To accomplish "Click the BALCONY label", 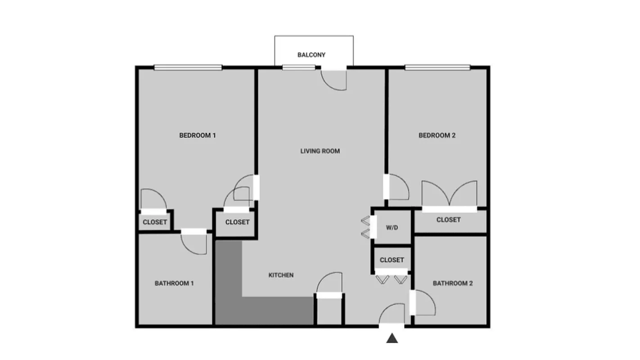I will (311, 55).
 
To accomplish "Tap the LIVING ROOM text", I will (320, 151).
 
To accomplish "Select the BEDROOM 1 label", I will (198, 135).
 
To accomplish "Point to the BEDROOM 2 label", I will (437, 135).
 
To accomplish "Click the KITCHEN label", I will (281, 275).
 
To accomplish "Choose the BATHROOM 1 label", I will (174, 283).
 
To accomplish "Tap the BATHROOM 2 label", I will (453, 283).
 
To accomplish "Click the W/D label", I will (392, 228).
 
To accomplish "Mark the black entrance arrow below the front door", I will (392, 338).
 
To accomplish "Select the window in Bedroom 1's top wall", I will (188, 67).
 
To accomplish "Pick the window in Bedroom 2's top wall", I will (437, 67).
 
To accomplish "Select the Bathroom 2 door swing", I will (424, 303).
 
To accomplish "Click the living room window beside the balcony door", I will (298, 67).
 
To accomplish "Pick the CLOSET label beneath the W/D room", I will (392, 260).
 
